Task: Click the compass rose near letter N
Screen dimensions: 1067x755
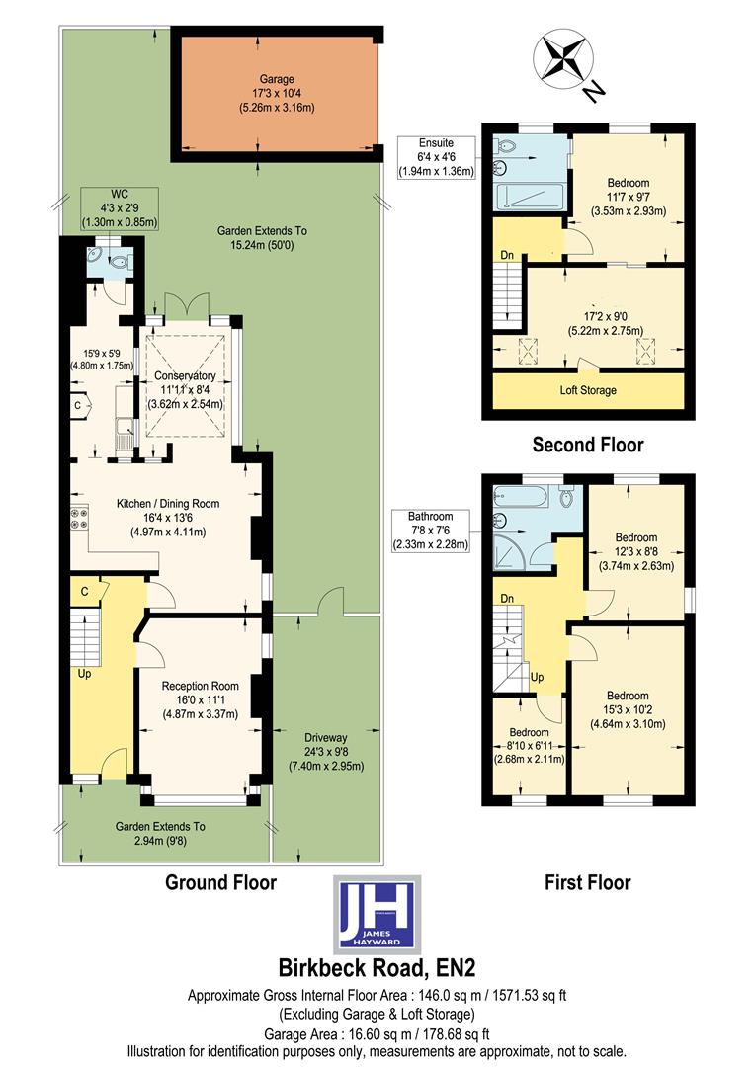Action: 559,58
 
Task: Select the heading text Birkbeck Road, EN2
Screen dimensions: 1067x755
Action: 377,966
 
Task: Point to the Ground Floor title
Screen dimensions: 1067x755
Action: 220,882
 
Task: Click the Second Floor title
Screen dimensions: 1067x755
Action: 587,445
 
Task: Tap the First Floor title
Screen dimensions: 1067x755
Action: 587,882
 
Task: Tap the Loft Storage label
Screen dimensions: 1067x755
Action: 588,390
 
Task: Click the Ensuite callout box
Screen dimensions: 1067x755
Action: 436,157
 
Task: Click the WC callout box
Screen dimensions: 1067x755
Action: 119,208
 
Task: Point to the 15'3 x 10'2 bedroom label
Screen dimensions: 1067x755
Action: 628,709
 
